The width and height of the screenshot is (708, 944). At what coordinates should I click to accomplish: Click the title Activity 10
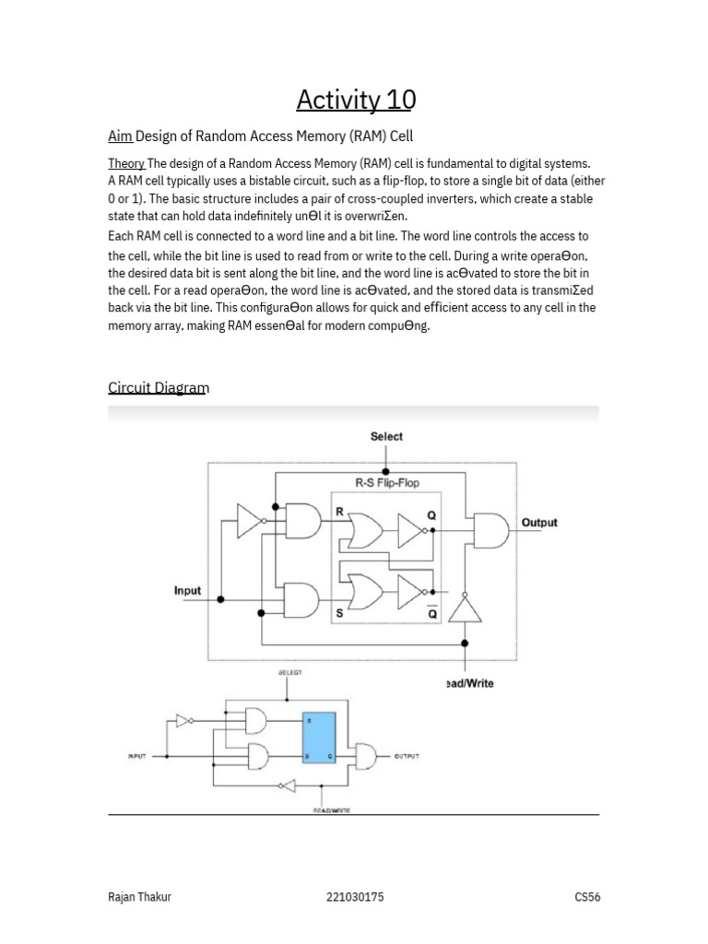pyautogui.click(x=356, y=99)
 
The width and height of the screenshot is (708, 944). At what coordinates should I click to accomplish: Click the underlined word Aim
pyautogui.click(x=120, y=136)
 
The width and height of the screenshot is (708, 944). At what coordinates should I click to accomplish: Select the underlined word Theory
pyautogui.click(x=126, y=163)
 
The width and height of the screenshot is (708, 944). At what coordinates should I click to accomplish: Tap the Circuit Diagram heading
pyautogui.click(x=159, y=387)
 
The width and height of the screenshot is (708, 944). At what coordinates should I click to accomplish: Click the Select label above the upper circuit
pyautogui.click(x=386, y=436)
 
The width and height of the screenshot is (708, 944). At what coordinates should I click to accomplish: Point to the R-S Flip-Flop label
pyautogui.click(x=386, y=482)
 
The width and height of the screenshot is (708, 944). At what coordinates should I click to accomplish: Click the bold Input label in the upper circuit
pyautogui.click(x=187, y=590)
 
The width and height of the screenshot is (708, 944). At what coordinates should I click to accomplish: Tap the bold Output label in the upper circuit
pyautogui.click(x=539, y=522)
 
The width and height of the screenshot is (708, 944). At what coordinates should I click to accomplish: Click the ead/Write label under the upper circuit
pyautogui.click(x=469, y=683)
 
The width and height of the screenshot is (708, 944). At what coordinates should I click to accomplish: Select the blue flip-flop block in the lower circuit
pyautogui.click(x=320, y=737)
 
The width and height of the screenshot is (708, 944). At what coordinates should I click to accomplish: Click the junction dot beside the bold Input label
pyautogui.click(x=220, y=599)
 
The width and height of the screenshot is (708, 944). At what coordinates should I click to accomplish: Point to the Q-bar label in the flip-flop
pyautogui.click(x=432, y=611)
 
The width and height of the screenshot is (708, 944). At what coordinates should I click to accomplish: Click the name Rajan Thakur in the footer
pyautogui.click(x=139, y=896)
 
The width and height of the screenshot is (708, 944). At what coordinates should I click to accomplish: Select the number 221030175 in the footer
pyautogui.click(x=354, y=896)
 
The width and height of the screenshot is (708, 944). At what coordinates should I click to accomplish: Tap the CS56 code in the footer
pyautogui.click(x=586, y=896)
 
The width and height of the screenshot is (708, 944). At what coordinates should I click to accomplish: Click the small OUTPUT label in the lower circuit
pyautogui.click(x=407, y=756)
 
